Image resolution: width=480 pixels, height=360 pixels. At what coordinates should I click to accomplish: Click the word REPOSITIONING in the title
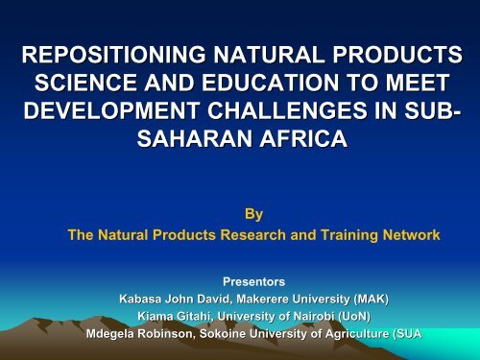pos(107,54)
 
